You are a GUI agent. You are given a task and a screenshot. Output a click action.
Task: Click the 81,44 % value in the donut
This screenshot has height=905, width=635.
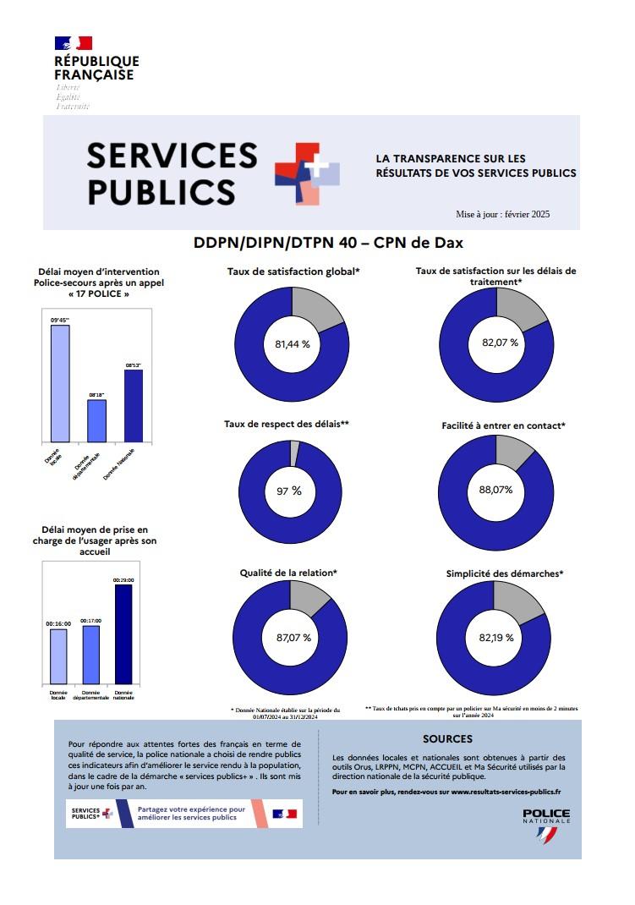pos(293,344)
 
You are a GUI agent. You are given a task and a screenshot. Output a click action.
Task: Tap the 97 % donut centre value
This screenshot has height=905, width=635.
pos(289,491)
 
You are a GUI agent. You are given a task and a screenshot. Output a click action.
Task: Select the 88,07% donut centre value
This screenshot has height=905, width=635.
pos(496,490)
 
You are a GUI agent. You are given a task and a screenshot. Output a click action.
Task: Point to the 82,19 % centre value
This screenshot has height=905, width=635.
pos(496,637)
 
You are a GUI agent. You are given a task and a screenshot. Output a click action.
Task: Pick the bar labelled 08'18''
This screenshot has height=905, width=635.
pos(97,420)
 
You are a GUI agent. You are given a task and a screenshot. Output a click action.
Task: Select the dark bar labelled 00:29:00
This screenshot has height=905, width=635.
pos(123,633)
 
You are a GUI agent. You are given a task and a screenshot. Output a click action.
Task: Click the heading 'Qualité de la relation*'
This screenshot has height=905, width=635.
pos(289,573)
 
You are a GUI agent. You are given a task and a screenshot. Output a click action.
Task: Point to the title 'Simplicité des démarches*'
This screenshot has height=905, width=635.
pos(505,573)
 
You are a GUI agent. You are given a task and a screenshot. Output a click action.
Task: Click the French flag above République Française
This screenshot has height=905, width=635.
pos(73,43)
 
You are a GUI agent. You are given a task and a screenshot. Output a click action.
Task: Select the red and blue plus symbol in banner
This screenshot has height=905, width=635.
pos(305,173)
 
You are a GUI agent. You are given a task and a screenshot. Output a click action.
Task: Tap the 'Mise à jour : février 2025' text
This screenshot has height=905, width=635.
pos(502,214)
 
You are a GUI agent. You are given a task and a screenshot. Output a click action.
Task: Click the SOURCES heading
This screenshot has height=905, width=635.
pos(447,738)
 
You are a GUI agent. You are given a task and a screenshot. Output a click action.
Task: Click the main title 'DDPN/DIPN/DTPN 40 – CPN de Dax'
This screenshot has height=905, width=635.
pos(329,243)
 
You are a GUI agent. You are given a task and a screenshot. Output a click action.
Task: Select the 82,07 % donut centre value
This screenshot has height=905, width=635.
pos(499,343)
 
